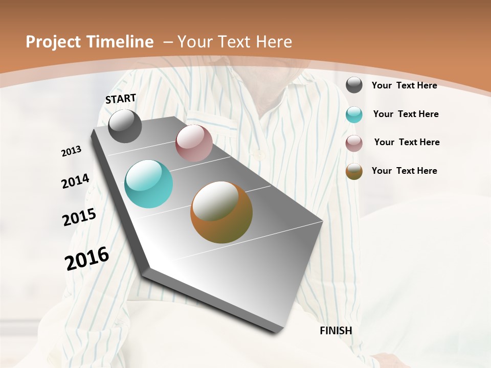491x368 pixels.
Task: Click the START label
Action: pyautogui.click(x=121, y=99)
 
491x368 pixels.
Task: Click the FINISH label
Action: pyautogui.click(x=336, y=331)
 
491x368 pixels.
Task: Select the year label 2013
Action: pyautogui.click(x=72, y=151)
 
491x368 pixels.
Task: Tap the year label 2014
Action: pyautogui.click(x=76, y=181)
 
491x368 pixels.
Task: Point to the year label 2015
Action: pyautogui.click(x=79, y=217)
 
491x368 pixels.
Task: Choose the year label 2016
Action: pyautogui.click(x=87, y=258)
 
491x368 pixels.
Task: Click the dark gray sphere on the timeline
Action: pyautogui.click(x=125, y=126)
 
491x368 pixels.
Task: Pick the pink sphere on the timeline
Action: pyautogui.click(x=194, y=143)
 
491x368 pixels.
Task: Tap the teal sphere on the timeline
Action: pyautogui.click(x=149, y=184)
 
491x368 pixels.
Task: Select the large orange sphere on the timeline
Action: pyautogui.click(x=221, y=212)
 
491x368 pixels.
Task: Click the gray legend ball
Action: pyautogui.click(x=354, y=85)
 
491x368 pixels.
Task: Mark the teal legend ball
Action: pyautogui.click(x=354, y=114)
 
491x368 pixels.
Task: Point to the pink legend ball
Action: pyautogui.click(x=354, y=143)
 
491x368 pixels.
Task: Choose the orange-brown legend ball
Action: pyautogui.click(x=354, y=171)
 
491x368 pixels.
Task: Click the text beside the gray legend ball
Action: pyautogui.click(x=404, y=85)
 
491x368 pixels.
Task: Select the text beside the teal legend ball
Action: pyautogui.click(x=406, y=114)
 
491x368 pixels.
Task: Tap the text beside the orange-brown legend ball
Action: pyautogui.click(x=404, y=171)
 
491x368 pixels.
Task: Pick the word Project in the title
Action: pyautogui.click(x=53, y=42)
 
